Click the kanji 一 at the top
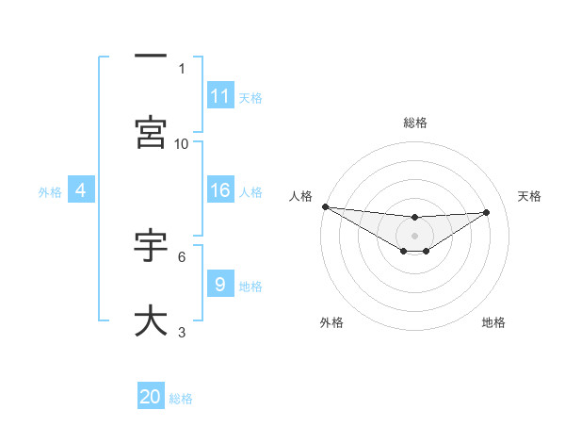coord(151,57)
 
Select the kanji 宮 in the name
coord(151,133)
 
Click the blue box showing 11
coord(220,96)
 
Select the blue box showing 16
coord(220,190)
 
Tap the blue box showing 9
coord(220,285)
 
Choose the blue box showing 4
coord(81,190)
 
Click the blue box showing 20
coord(151,397)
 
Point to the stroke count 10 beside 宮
coord(182,143)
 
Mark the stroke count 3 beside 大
coord(182,332)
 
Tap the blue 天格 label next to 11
coord(250,97)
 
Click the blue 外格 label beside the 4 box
coord(50,191)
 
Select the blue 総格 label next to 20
coord(181,399)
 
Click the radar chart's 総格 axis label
coord(414,123)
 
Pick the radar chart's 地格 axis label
coord(493,322)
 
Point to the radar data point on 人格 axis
coord(325,206)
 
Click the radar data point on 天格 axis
coord(486,212)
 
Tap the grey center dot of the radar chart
coord(414,235)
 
